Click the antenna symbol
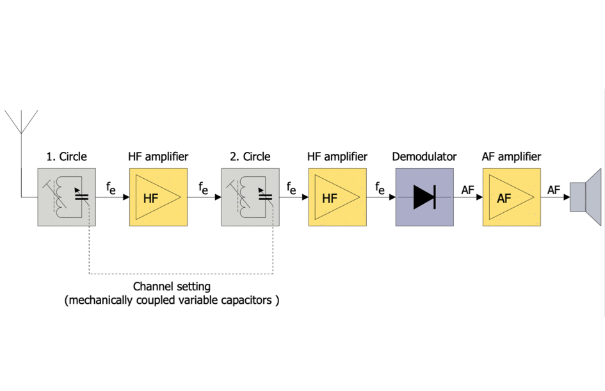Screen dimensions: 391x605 [21, 122]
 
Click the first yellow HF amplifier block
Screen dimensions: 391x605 [158, 197]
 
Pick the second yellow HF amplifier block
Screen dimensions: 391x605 [337, 197]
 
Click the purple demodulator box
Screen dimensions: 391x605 [424, 197]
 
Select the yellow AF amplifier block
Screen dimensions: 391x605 [512, 197]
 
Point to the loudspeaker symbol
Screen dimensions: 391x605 [586, 197]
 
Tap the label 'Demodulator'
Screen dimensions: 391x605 [424, 156]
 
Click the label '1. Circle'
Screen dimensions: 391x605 [67, 156]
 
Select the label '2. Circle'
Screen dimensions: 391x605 [250, 156]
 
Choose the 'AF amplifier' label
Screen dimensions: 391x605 [512, 156]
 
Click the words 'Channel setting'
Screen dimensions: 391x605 [172, 286]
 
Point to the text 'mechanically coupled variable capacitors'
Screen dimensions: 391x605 [172, 300]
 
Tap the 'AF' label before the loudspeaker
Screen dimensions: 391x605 [554, 189]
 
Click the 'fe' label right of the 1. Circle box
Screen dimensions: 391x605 [111, 188]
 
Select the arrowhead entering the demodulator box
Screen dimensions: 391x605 [391, 197]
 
